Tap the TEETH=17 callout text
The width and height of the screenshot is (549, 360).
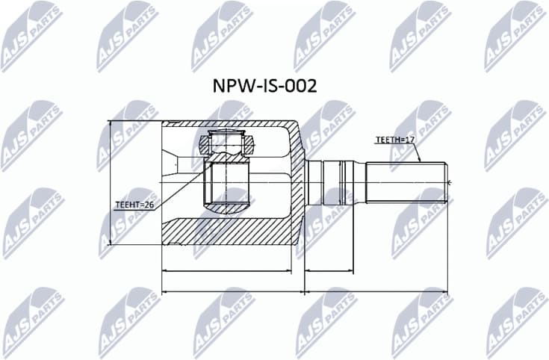394,140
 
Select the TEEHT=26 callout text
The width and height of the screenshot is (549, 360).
134,204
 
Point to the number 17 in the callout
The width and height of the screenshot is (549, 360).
409,140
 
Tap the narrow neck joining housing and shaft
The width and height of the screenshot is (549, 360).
314,181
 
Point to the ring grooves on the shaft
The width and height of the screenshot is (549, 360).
345,181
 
